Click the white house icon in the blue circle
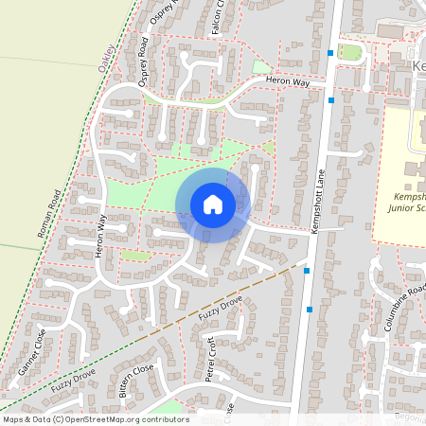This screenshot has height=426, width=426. click(213, 204)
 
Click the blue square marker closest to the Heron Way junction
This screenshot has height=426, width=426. click(331, 99)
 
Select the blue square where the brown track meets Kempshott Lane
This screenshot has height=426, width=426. click(308, 271)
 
